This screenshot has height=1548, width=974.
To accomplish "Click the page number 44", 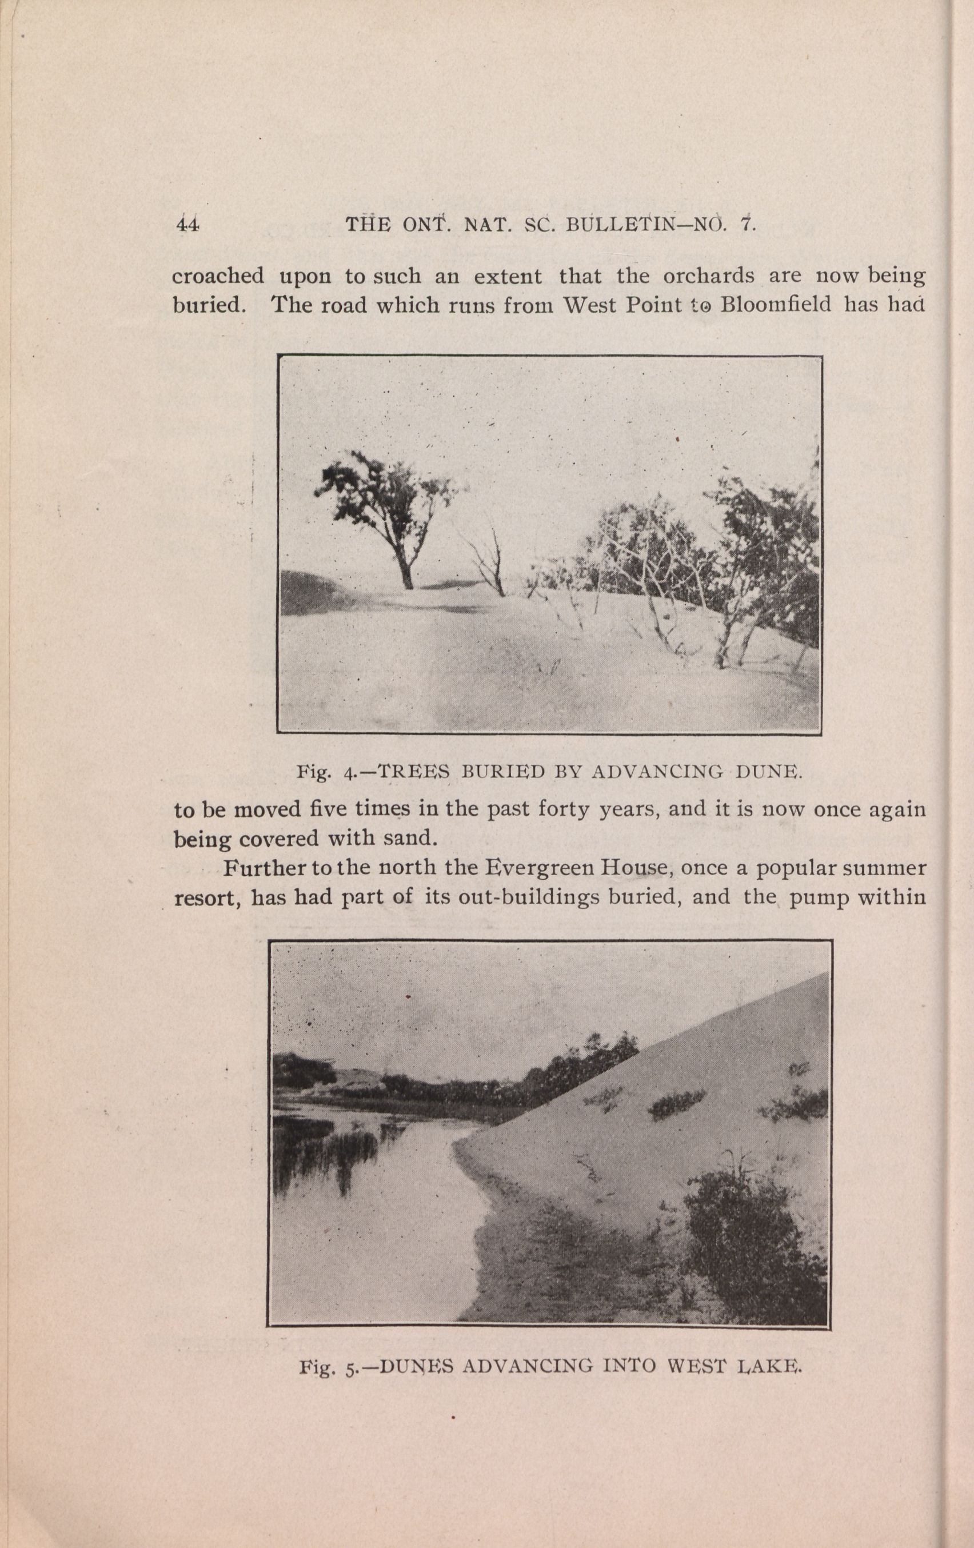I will point(187,225).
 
